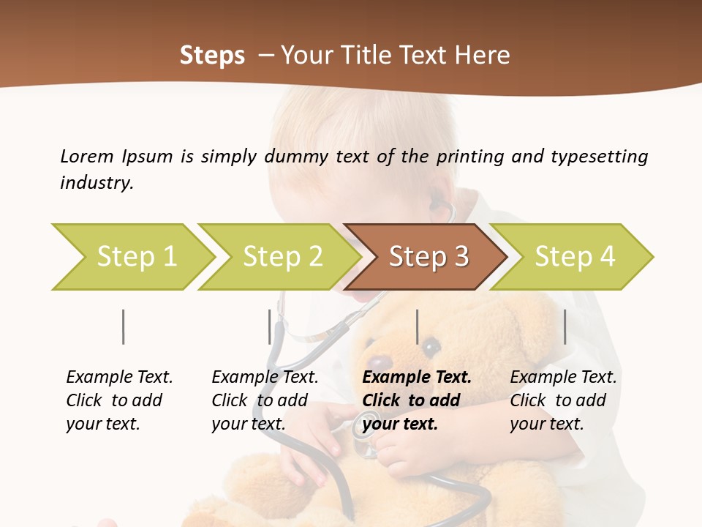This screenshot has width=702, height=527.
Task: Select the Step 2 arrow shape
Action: (x=281, y=256)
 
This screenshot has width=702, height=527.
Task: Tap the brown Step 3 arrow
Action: (x=427, y=256)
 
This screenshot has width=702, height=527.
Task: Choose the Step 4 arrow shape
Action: (x=573, y=256)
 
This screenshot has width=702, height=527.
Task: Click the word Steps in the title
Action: (x=212, y=55)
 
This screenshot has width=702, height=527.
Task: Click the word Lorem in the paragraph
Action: (x=86, y=156)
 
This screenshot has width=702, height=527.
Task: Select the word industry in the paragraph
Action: (x=97, y=182)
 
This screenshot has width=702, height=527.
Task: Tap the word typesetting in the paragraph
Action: (x=599, y=156)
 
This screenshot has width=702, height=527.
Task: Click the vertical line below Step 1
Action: (x=123, y=326)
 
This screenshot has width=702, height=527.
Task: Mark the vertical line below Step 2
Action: (x=270, y=326)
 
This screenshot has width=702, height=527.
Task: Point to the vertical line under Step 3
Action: (x=417, y=326)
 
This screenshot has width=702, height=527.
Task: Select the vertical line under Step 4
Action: (x=565, y=326)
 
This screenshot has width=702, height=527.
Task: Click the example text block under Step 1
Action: (x=119, y=400)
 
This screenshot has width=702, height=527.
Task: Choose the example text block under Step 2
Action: (x=265, y=400)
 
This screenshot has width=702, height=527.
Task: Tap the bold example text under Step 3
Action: (x=417, y=400)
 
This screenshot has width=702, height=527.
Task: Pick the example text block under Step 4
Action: (x=563, y=400)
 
